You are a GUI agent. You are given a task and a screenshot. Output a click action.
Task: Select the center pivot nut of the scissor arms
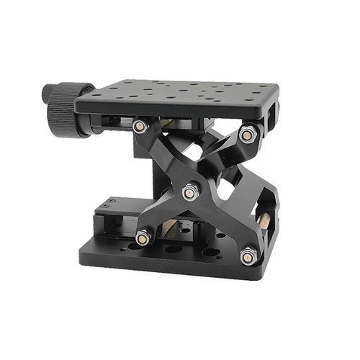(189, 192)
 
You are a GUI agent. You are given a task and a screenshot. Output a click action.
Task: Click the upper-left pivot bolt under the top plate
(140, 126)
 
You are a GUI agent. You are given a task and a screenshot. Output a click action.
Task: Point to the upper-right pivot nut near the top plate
(248, 134)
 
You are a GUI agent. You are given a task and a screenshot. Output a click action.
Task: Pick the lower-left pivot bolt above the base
(143, 235)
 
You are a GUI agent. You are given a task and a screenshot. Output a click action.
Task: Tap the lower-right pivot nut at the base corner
(248, 254)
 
